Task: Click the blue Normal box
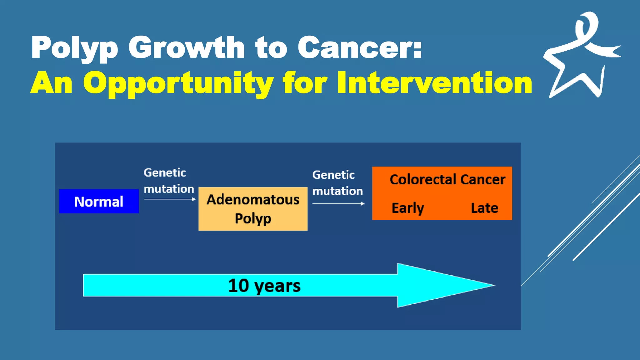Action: point(99,202)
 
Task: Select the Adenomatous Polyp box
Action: point(253,209)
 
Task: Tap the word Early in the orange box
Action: point(408,208)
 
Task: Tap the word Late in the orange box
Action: point(484,208)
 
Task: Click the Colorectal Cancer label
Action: point(447,180)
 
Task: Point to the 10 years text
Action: point(264,286)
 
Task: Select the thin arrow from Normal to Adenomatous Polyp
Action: point(170,199)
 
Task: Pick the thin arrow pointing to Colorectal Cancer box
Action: point(338,204)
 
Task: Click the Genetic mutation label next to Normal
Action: point(169,181)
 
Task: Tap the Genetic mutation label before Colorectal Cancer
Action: point(337,183)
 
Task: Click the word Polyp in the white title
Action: point(74,47)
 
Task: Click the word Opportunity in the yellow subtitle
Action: point(178,83)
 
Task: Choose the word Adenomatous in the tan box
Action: point(253,199)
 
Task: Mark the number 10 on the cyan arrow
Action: point(238,285)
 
